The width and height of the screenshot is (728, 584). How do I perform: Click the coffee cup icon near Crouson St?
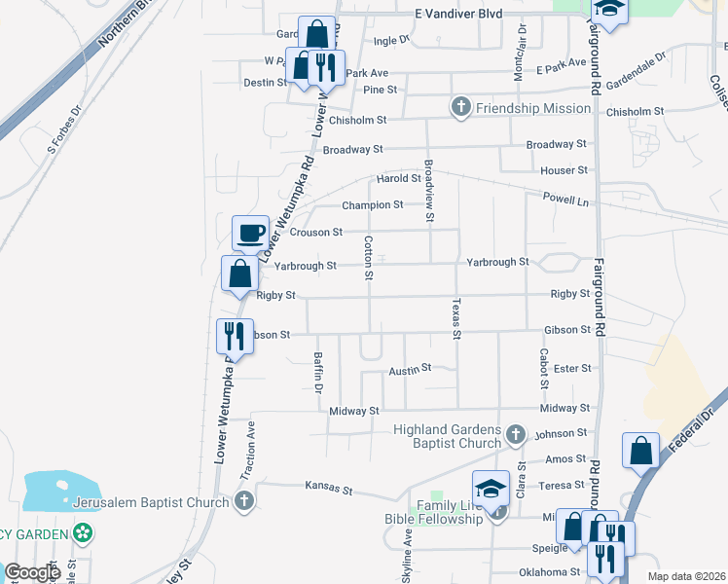coord(250,234)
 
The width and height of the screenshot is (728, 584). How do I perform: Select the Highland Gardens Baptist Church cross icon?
coord(516,433)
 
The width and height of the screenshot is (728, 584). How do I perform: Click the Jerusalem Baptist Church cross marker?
coord(243,501)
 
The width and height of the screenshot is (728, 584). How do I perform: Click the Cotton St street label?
coord(369,258)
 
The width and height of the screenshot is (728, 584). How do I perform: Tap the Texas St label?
coord(455,318)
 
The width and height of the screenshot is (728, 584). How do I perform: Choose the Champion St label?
coord(372,205)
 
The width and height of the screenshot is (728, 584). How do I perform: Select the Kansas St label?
coord(327,484)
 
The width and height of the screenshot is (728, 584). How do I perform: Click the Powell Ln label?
coord(567,199)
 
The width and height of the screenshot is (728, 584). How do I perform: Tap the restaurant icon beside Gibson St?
coord(234,337)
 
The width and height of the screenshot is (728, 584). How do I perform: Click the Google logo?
coord(33,572)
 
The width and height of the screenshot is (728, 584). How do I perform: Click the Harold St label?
coord(398,178)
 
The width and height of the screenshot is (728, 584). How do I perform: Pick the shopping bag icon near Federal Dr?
coord(640,451)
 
